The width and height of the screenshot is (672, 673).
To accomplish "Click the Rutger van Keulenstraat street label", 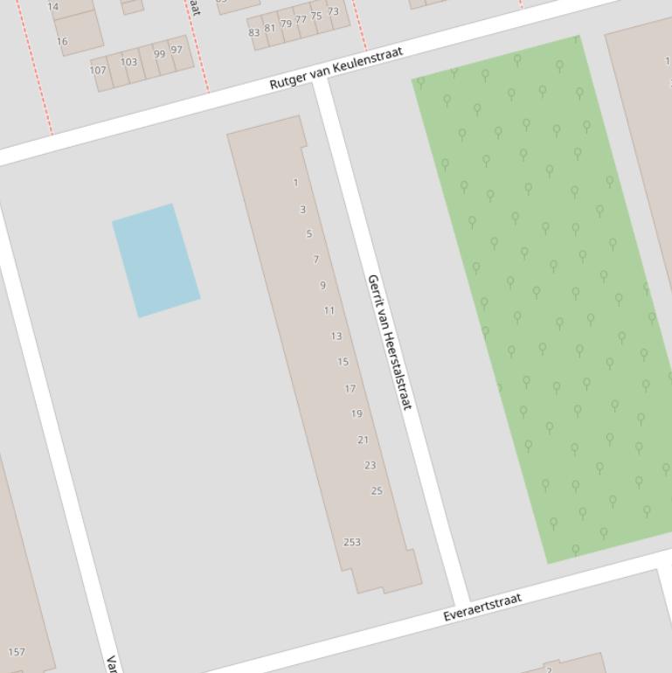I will click(x=336, y=67).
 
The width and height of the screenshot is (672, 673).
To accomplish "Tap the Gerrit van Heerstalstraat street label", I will click(x=389, y=343).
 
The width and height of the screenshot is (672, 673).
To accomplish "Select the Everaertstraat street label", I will click(x=482, y=607).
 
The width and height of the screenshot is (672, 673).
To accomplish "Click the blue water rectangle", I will click(x=156, y=260).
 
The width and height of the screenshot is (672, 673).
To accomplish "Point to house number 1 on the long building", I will click(x=296, y=183).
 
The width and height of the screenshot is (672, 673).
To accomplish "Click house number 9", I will click(x=322, y=285).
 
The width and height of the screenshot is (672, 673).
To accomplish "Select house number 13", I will click(x=336, y=336).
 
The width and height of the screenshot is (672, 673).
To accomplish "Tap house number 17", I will click(x=350, y=388).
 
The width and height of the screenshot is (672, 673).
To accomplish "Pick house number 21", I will click(x=363, y=440).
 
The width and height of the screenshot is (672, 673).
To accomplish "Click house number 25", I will click(x=377, y=490).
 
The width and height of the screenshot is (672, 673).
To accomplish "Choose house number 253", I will click(x=351, y=542).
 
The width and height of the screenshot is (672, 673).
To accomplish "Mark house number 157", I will click(x=16, y=652).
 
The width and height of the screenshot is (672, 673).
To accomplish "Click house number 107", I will click(x=98, y=70).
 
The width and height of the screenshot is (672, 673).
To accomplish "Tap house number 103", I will click(x=128, y=62).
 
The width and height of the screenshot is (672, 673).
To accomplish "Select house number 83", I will click(x=254, y=32).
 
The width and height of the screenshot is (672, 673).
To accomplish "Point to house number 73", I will click(x=333, y=11).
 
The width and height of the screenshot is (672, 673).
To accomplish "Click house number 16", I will click(x=62, y=41).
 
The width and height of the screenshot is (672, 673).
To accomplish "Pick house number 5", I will click(x=309, y=233).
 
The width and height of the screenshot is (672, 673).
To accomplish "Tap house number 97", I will click(x=177, y=50).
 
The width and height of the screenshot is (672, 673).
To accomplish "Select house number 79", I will click(x=286, y=24).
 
